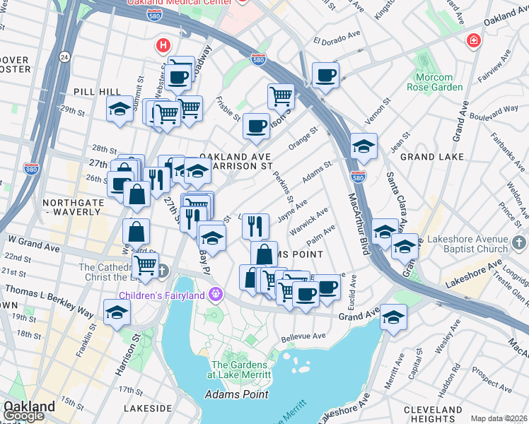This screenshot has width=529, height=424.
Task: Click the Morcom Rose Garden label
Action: tap(434, 82)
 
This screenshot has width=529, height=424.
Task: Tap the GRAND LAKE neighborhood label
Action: tap(431, 157)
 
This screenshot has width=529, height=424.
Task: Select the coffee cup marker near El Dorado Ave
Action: tap(325, 74)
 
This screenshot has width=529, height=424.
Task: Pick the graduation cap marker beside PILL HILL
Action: tap(120, 109)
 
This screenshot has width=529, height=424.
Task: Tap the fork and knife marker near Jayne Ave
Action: tap(255, 225)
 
